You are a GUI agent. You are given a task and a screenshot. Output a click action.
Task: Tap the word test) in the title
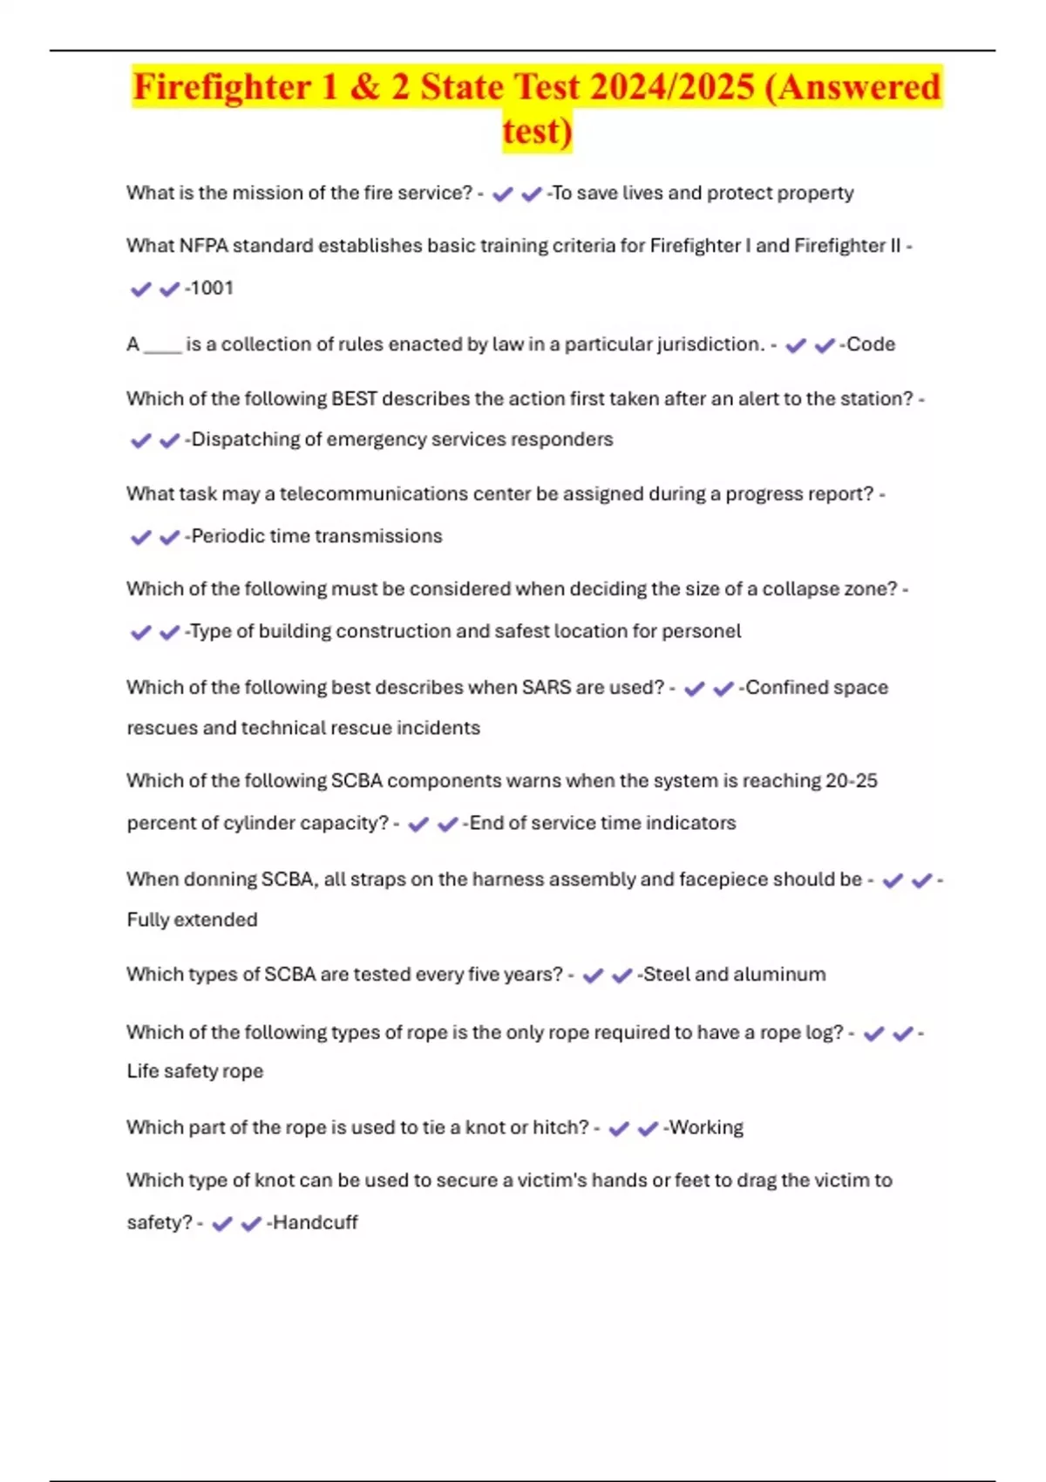click(x=537, y=132)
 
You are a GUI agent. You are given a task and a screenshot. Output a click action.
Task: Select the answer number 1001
click(x=212, y=289)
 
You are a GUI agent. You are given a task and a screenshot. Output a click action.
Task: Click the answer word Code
click(x=871, y=344)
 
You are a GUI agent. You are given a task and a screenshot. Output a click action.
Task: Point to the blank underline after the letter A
click(x=162, y=345)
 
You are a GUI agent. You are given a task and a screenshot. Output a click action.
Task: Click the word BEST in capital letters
click(x=354, y=399)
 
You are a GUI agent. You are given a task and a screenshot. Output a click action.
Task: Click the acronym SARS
click(x=546, y=688)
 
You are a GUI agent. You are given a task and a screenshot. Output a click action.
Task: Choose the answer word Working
click(x=706, y=1128)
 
